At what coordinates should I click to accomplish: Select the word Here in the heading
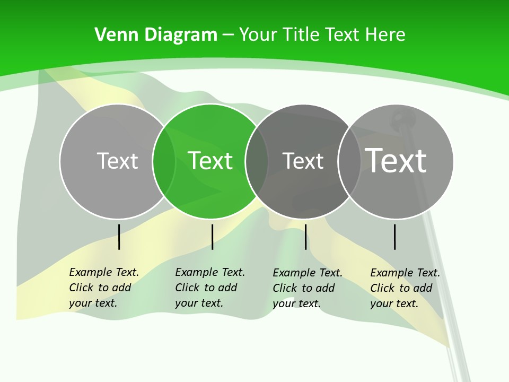click(385, 35)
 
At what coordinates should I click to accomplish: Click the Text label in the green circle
click(210, 161)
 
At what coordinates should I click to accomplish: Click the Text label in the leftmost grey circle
click(117, 161)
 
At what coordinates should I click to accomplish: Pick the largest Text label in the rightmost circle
click(396, 160)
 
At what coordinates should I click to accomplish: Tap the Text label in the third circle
click(303, 161)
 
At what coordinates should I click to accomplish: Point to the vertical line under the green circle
click(212, 237)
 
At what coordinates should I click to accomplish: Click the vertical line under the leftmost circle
click(119, 237)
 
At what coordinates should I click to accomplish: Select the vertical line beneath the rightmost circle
click(395, 237)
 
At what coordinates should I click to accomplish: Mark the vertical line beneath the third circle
click(305, 237)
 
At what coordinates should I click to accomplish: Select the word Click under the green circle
click(187, 288)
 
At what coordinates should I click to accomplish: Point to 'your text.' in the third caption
click(296, 303)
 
